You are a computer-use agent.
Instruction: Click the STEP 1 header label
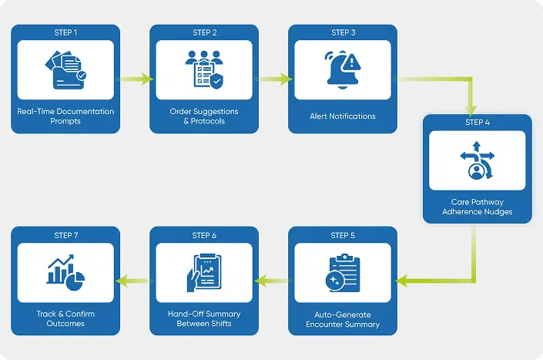65,32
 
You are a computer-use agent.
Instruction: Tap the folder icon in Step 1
65,70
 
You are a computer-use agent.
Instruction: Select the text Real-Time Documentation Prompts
65,116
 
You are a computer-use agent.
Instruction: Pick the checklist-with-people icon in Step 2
204,70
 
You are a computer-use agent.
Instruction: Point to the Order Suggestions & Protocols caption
204,116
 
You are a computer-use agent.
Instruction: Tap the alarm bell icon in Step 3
342,70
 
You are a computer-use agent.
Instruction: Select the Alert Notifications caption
343,116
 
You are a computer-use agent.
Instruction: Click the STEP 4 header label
478,123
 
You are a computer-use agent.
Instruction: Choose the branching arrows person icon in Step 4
478,160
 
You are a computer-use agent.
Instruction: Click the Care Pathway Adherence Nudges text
478,207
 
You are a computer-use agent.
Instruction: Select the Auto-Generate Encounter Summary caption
343,319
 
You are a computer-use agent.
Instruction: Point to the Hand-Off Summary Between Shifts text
204,318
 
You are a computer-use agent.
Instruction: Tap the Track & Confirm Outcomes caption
65,318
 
